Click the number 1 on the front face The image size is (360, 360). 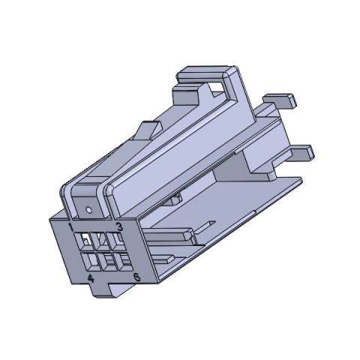[70, 225]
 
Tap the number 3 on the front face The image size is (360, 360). [118, 226]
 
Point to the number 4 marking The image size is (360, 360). [91, 278]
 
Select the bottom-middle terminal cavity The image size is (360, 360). [106, 262]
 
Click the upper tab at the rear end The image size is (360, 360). [279, 98]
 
